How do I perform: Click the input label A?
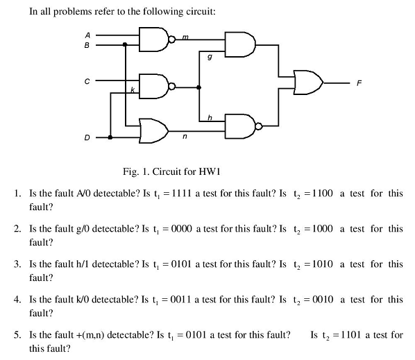(87, 35)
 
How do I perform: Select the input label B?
(87, 45)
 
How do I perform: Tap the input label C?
(87, 81)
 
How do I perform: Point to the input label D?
(87, 137)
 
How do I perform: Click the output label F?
(359, 83)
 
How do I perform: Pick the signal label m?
(185, 37)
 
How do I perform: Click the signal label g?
(210, 57)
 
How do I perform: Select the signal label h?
(210, 117)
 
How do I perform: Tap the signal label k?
(133, 89)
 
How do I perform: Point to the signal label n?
(185, 136)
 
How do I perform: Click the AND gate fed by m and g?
(240, 44)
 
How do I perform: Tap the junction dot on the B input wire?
(125, 44)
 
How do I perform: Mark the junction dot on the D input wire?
(110, 137)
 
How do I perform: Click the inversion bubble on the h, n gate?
(259, 126)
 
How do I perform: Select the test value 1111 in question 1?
(181, 194)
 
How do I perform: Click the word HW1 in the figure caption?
(210, 171)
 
